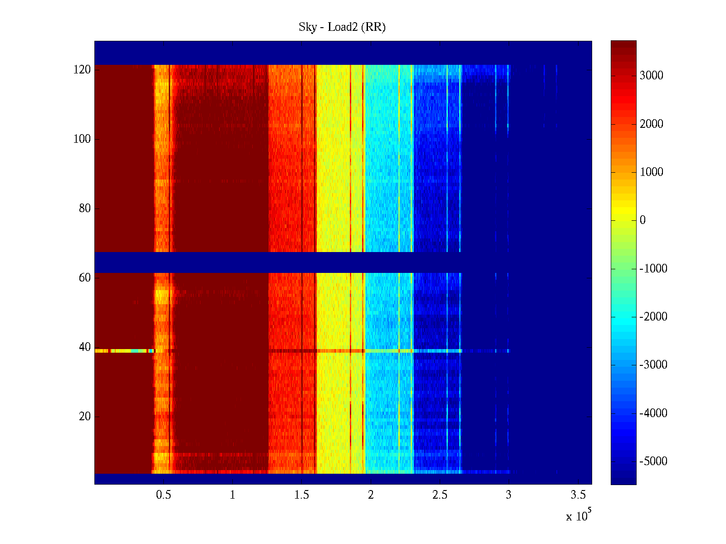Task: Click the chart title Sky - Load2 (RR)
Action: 342,27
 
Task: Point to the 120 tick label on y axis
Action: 82,70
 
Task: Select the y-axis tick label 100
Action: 82,139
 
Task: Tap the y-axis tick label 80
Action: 85,209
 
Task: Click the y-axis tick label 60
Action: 85,278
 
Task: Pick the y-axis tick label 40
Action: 85,347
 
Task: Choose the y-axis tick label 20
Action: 85,417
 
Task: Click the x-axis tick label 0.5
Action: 163,495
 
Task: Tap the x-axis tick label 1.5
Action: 302,495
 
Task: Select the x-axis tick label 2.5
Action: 440,495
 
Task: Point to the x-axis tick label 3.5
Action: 578,495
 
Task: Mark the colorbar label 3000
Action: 651,76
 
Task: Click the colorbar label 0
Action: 643,220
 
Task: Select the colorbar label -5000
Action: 653,461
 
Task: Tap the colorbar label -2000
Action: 653,317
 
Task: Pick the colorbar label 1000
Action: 651,172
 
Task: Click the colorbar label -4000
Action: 653,413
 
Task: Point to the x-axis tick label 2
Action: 371,495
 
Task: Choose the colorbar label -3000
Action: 653,365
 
